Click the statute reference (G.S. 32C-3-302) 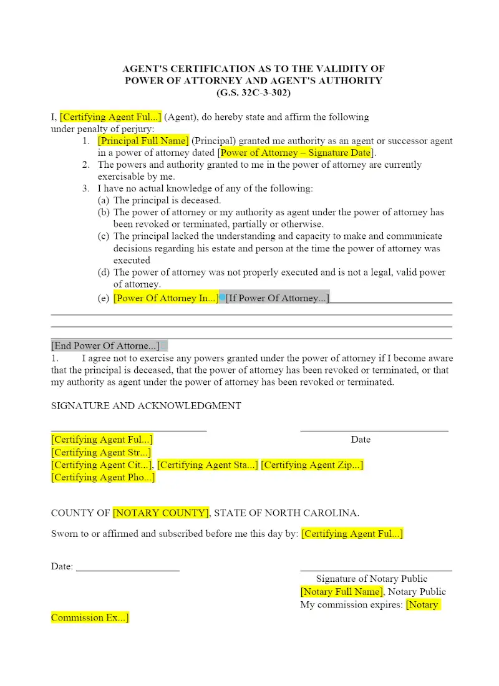pos(253,93)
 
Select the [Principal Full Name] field pos(143,141)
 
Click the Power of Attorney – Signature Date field pos(296,153)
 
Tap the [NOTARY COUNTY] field pos(161,513)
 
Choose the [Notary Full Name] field pos(341,592)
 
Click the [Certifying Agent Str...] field pos(101,453)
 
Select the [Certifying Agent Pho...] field pos(103,478)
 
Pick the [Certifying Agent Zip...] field pos(312,465)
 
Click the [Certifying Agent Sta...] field pos(207,465)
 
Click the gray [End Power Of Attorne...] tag pos(105,345)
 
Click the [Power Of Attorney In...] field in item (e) pos(165,298)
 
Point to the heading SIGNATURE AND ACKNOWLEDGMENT pos(146,405)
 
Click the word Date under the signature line pos(361,440)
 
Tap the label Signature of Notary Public pos(371,579)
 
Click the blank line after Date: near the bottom pos(128,569)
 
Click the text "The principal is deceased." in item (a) pos(167,200)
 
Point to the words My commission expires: pos(351,605)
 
